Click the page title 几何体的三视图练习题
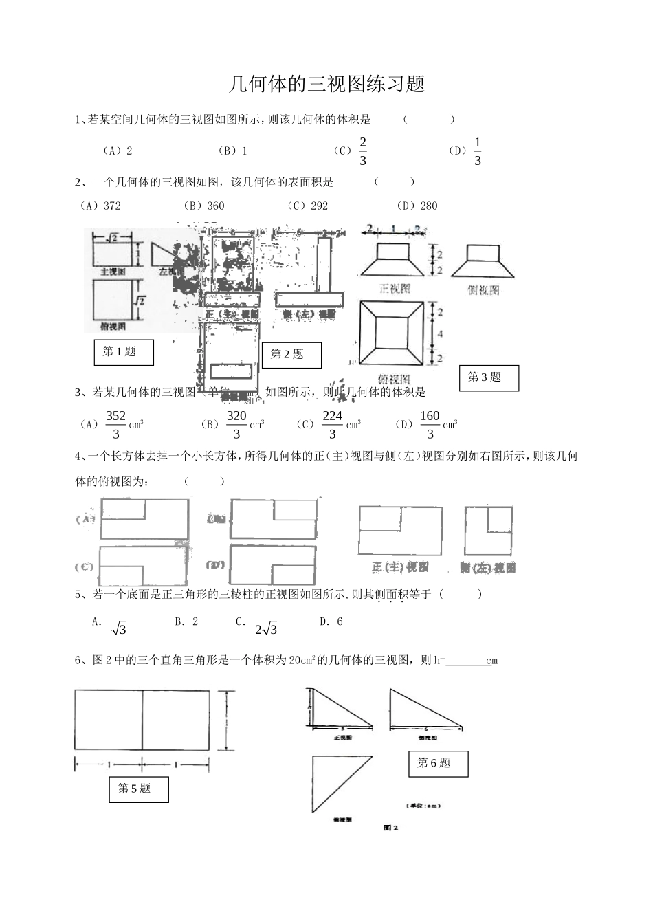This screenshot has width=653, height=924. point(326,84)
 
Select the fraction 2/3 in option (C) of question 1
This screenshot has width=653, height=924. point(363,151)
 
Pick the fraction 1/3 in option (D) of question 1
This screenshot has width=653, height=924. point(478,151)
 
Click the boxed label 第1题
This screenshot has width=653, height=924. point(123,352)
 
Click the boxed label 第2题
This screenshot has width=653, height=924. point(291,355)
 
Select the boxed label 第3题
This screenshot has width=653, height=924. point(489,377)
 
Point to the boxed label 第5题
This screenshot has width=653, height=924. point(138,789)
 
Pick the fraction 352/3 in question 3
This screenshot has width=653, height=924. point(116,424)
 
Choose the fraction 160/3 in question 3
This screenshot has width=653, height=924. point(430,424)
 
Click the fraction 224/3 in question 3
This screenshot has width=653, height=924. point(333,424)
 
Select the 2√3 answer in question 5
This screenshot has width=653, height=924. point(266,628)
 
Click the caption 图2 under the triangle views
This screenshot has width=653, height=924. point(391,828)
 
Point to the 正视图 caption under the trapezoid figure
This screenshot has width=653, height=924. point(395,289)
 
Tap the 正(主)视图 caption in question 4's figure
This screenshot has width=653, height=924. point(400,567)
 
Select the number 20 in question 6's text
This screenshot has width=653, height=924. point(295,661)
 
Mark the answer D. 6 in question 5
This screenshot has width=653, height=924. point(331,621)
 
